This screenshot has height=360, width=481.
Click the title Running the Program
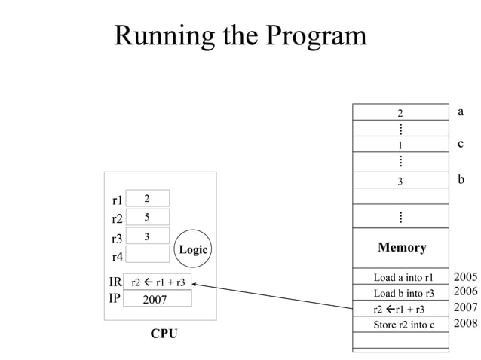pos(240,35)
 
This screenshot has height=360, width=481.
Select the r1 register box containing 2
pos(147,198)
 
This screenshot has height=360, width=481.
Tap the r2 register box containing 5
pos(147,218)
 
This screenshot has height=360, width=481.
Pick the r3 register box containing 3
pos(147,236)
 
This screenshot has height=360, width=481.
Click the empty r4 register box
pos(147,255)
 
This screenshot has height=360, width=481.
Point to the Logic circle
pos(193,249)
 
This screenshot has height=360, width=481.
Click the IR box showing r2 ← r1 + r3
pos(158,282)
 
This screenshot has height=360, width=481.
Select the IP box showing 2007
pos(158,299)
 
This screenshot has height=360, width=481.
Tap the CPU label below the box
pos(164,333)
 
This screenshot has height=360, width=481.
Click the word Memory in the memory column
pos(401,247)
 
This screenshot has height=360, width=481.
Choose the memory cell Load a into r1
pos(400,277)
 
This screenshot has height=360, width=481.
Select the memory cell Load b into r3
pos(400,293)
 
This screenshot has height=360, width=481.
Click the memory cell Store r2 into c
pos(400,325)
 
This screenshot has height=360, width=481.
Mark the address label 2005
pos(465,276)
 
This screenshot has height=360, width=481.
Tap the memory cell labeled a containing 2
pos(400,113)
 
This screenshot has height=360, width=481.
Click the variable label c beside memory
pos(460,143)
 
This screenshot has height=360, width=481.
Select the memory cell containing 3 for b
pos(400,181)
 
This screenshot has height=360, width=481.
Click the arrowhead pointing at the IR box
pos(195,285)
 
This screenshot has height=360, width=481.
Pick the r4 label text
pos(117,257)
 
